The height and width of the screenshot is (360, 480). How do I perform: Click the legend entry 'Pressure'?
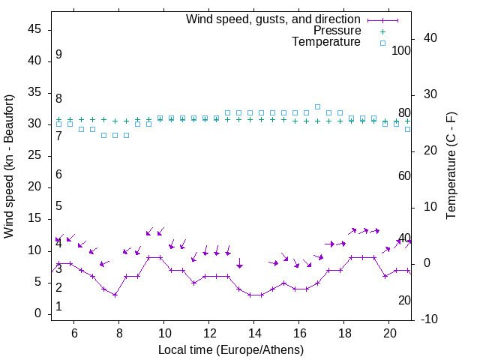coord(337,31)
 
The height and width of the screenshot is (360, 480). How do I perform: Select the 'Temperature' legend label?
coord(326,42)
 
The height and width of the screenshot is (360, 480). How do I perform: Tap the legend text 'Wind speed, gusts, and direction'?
coord(274,19)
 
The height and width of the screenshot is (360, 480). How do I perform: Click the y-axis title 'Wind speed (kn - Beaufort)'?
coord(10,166)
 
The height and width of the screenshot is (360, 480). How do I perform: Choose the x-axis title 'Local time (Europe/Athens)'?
coord(232,349)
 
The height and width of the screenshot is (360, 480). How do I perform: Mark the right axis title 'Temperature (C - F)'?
coord(451,166)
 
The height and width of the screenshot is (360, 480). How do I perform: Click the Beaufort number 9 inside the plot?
coord(58,55)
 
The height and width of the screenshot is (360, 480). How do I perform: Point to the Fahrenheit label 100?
coord(401,50)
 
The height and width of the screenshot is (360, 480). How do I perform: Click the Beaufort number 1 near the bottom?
coord(58,307)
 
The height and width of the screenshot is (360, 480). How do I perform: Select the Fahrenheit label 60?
coord(404,175)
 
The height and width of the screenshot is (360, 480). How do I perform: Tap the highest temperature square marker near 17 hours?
coord(318,107)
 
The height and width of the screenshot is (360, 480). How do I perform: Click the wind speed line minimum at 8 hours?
coord(115,295)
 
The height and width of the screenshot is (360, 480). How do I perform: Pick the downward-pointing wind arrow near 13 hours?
coord(239,263)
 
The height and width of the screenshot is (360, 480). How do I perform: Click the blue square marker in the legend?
coord(382,43)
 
